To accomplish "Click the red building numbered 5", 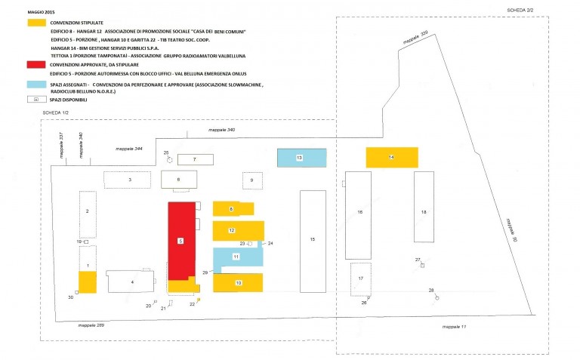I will click(180, 240).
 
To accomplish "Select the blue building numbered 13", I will click(301, 158).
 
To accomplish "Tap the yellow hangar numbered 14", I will click(391, 157).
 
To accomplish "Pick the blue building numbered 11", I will click(237, 257).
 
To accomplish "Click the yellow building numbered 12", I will click(238, 229).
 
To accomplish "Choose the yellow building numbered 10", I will click(237, 282).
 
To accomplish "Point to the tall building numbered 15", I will click(312, 238).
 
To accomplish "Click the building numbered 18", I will click(424, 214).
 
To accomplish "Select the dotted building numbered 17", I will click(361, 278).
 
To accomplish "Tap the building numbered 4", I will click(131, 282).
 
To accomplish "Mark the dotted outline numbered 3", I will click(128, 180).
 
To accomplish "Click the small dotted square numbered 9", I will click(252, 180).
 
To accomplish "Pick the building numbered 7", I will click(194, 159).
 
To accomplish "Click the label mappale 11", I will click(454, 327).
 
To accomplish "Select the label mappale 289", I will click(91, 325).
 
